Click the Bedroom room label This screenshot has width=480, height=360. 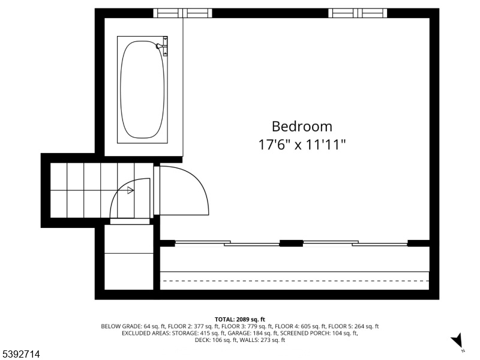302,127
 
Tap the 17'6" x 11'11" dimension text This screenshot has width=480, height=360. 302,145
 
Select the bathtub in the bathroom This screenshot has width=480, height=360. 142,89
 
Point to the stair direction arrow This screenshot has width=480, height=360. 130,190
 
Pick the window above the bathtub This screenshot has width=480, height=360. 183,13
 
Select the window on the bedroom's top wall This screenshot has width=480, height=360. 358,13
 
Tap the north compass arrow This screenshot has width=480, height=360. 458,340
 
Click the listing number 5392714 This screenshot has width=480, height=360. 20,354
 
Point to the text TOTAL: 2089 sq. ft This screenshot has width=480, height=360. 239,320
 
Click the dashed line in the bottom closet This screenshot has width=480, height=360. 295,281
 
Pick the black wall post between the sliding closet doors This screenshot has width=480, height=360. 291,244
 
